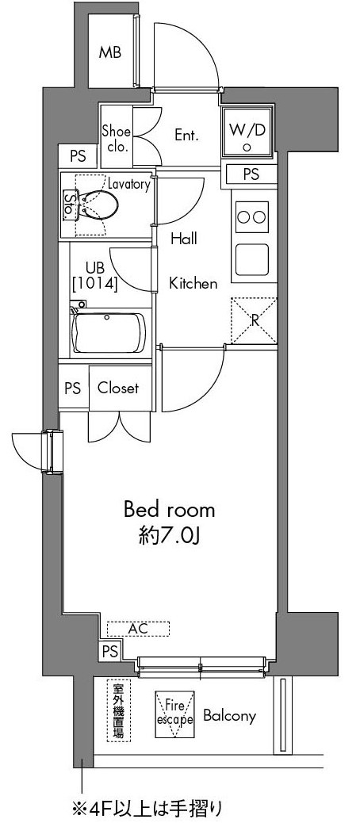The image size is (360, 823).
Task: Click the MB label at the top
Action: [110, 52]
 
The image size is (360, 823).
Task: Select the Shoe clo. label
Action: [117, 139]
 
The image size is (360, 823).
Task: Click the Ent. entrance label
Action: [186, 136]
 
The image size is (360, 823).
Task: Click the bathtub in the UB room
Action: [109, 333]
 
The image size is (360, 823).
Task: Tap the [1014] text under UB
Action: [95, 284]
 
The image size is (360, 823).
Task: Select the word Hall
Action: [184, 239]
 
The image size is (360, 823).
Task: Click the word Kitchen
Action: [193, 284]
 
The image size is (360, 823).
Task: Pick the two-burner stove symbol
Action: [252, 216]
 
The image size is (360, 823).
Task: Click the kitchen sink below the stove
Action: [252, 259]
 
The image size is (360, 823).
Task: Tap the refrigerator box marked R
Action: [254, 320]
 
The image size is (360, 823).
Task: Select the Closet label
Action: [119, 389]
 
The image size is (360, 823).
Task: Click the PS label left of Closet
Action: [73, 389]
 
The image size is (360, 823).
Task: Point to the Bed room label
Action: [169, 509]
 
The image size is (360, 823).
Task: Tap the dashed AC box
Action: [139, 628]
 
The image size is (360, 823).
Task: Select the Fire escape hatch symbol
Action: [174, 715]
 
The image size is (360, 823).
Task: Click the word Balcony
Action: [229, 716]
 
